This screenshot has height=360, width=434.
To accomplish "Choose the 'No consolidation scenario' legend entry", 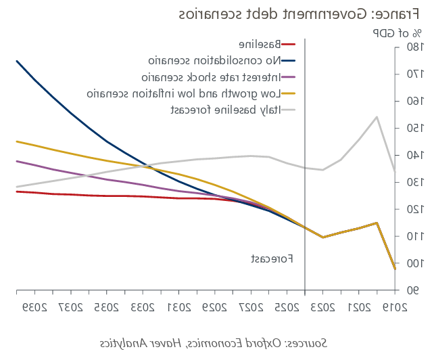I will (x=219, y=61).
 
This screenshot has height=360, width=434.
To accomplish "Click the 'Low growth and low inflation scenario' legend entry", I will (x=192, y=93).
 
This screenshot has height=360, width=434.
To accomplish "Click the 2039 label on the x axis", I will (x=30, y=309).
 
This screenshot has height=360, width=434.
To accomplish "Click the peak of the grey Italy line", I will (x=377, y=117).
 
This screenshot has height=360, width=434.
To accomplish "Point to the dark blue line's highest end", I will (x=17, y=61).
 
